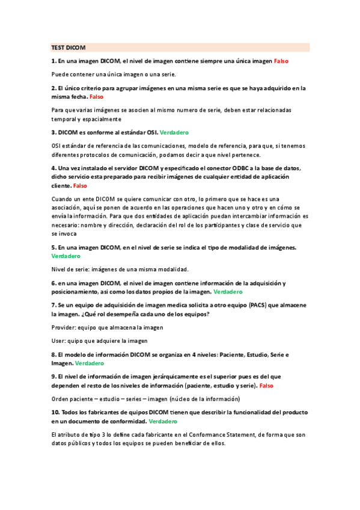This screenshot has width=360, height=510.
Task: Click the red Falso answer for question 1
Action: coord(282,61)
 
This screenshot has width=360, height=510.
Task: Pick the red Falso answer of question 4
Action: coord(80,186)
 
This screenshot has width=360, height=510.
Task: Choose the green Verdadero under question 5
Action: coord(66,256)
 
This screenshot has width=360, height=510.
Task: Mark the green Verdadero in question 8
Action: coord(89,363)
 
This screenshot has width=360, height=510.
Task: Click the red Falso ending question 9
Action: coord(266,385)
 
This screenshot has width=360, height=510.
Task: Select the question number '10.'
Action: coord(55,413)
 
